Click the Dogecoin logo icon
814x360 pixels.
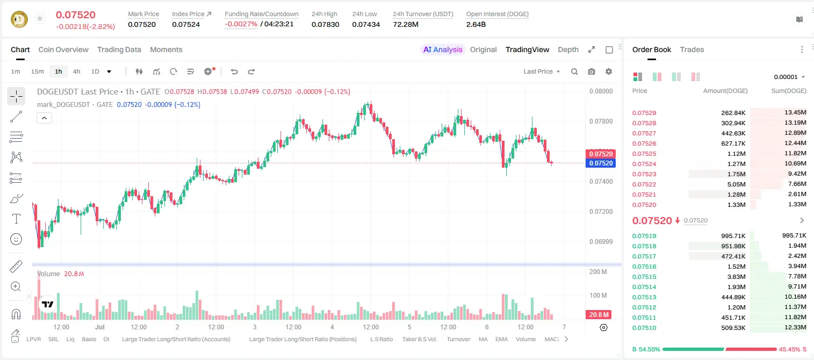(x=19, y=19)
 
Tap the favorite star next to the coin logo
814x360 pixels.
(x=40, y=18)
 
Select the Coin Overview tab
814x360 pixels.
(x=63, y=49)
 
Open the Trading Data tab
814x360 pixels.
(x=119, y=49)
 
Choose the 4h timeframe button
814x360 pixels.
(x=76, y=71)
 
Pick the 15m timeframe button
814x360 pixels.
(x=37, y=71)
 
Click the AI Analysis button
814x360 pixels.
(x=443, y=49)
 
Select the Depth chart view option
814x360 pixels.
(x=568, y=49)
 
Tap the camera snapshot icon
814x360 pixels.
(x=592, y=71)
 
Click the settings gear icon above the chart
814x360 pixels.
(x=609, y=71)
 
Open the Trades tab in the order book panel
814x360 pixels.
(x=692, y=49)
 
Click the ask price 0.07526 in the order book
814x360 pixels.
(x=644, y=143)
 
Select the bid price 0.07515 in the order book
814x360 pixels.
(x=644, y=277)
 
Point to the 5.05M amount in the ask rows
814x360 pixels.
(x=736, y=184)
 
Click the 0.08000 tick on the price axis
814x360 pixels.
(x=601, y=91)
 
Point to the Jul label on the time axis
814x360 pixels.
(x=99, y=327)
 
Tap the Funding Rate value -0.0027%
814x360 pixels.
(x=241, y=24)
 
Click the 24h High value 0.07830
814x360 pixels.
(x=325, y=24)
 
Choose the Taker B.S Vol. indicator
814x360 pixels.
(x=419, y=339)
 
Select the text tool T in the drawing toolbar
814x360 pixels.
(x=16, y=219)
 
